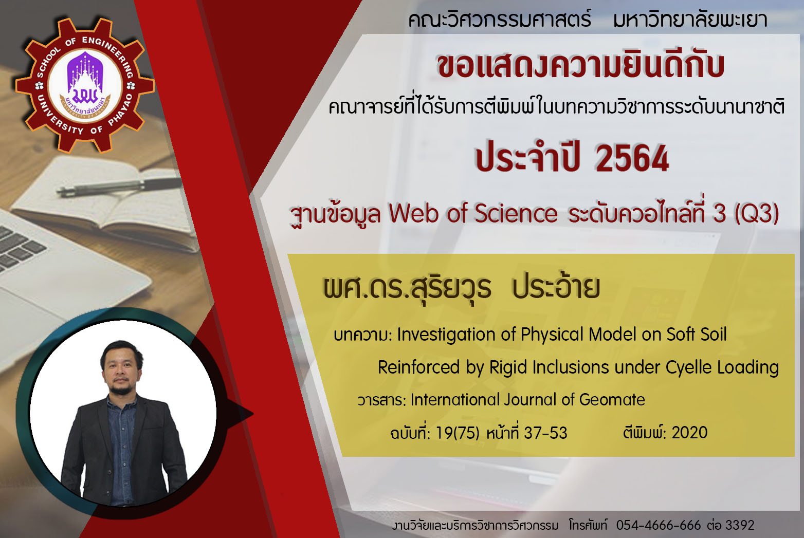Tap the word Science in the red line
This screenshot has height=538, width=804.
coord(516,214)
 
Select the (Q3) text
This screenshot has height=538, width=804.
coord(757,214)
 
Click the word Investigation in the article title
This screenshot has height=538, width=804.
coord(446,335)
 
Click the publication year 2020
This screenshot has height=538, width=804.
coord(689,433)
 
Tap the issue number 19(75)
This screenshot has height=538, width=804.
coord(458,433)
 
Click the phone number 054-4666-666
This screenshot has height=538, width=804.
coord(659,525)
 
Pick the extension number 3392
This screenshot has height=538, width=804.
coord(740,525)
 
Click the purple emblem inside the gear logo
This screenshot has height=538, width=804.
coord(85,79)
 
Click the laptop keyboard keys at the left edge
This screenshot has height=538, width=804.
coord(17,248)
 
